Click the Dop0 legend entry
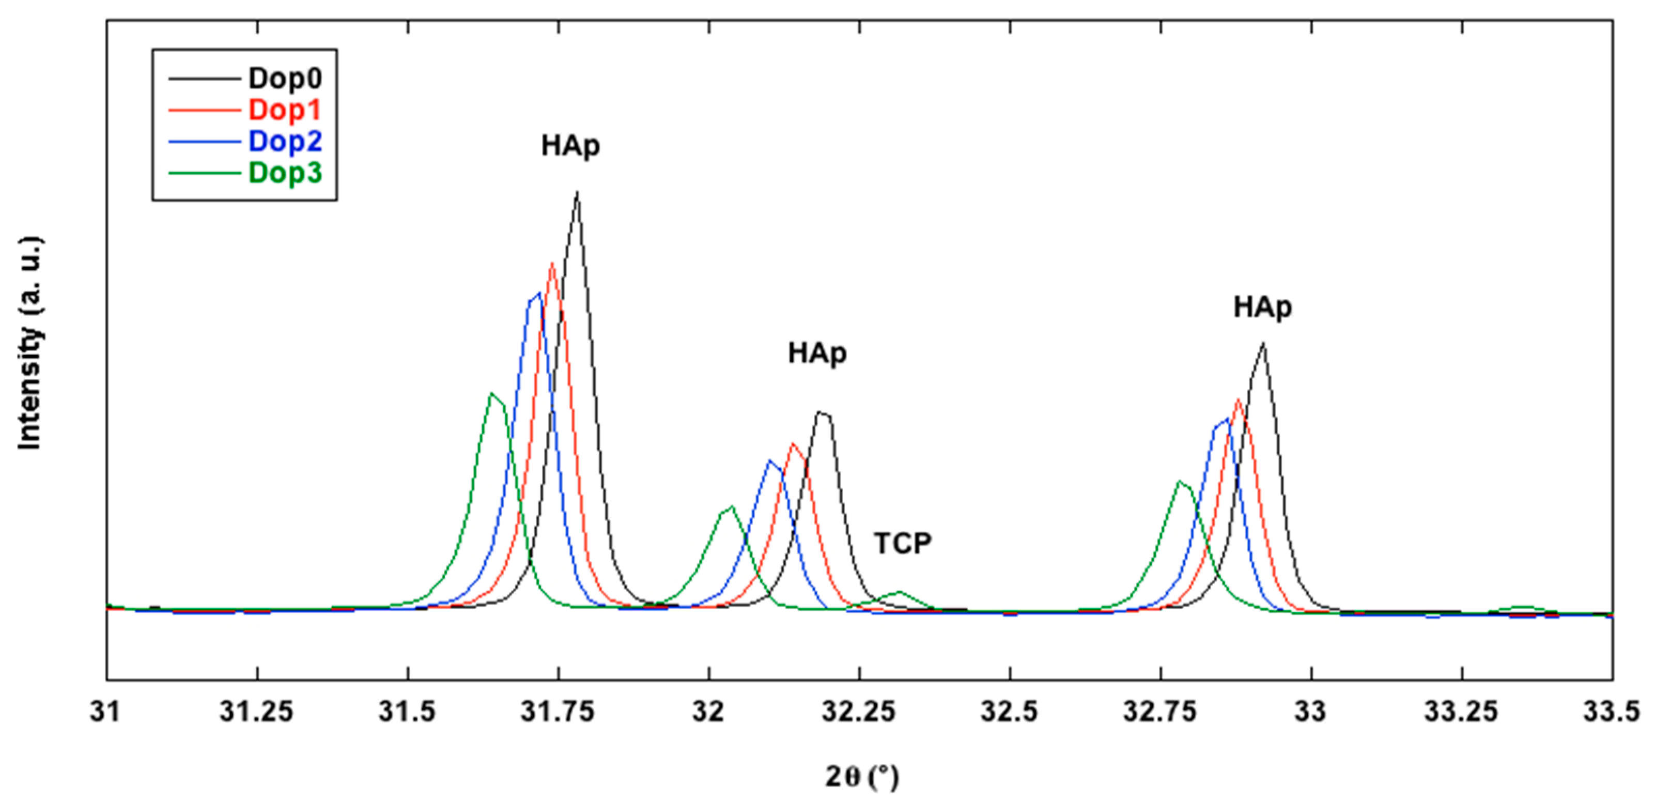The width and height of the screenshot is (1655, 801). (x=285, y=79)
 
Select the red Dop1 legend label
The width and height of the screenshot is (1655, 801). (x=285, y=110)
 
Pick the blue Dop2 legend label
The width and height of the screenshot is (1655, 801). (x=285, y=141)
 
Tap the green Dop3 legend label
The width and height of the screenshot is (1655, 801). (x=285, y=173)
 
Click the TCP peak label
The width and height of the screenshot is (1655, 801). (x=902, y=544)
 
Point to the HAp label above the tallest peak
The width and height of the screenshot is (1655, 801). (x=570, y=146)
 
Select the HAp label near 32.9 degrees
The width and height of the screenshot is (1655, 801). (x=1262, y=307)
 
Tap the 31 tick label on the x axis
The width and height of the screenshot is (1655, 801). (x=106, y=712)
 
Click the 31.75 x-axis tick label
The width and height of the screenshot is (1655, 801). (x=558, y=712)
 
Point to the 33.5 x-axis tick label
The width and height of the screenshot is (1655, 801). (x=1611, y=712)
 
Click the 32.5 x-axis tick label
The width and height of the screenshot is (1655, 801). (x=1009, y=712)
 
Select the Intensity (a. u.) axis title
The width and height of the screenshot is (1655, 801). (x=29, y=344)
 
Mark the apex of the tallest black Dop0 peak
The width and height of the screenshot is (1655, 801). (x=577, y=192)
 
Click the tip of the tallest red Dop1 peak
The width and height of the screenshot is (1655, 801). (x=552, y=264)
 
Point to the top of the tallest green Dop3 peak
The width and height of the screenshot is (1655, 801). (x=492, y=393)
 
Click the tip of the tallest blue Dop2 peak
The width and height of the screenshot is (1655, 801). (x=538, y=293)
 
